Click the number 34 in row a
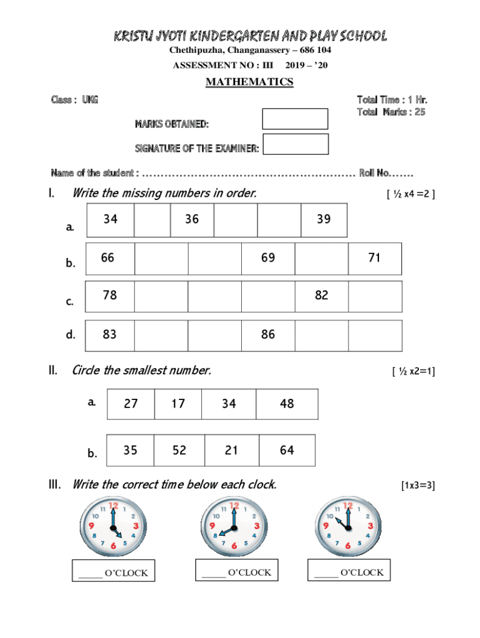(110, 219)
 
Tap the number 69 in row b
(268, 257)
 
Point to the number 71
(374, 257)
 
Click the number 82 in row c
(321, 295)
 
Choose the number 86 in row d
(268, 335)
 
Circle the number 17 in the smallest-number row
(178, 404)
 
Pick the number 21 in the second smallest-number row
(231, 450)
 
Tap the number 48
(287, 404)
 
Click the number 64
(287, 450)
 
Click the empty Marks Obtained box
(295, 118)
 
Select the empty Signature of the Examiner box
(295, 144)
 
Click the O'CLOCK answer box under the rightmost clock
(349, 571)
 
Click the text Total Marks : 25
(391, 112)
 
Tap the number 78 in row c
(110, 295)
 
